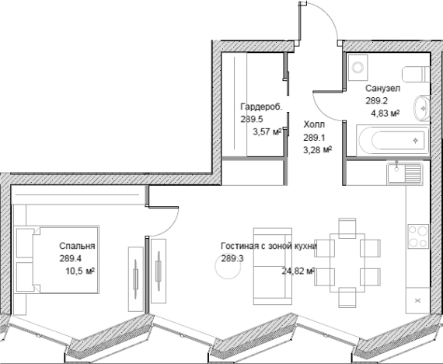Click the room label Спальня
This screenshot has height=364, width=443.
[77, 246]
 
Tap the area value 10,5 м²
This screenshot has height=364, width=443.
[80, 271]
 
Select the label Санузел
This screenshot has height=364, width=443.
[383, 88]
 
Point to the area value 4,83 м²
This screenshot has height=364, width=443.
[385, 114]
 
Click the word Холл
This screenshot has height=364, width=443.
[314, 124]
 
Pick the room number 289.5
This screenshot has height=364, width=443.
[252, 119]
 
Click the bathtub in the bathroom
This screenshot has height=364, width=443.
[392, 140]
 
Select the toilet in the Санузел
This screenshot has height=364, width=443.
[416, 74]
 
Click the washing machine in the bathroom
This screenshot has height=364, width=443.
[358, 68]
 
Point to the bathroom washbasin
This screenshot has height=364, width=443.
[422, 108]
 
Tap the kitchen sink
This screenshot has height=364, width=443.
[405, 173]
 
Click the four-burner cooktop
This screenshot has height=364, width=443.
[418, 236]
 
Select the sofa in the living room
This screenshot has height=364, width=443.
[273, 267]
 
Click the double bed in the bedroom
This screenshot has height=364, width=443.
[57, 260]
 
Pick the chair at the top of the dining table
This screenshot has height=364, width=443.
[347, 228]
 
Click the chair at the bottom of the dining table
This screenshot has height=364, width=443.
[347, 298]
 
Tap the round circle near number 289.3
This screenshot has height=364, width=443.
[228, 266]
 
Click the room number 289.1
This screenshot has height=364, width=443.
[314, 138]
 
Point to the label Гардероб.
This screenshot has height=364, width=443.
[261, 107]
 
